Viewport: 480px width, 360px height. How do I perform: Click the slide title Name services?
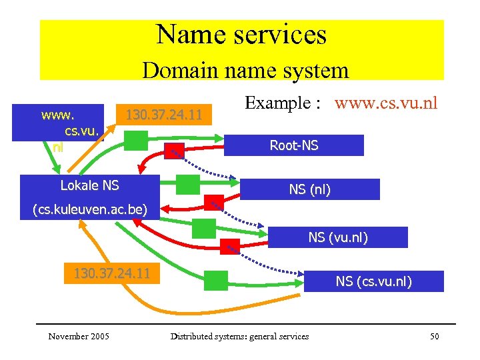[241, 35]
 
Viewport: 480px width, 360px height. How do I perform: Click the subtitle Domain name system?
[245, 70]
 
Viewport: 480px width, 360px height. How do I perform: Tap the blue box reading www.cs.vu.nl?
[70, 123]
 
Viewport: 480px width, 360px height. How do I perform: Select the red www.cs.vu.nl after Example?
[386, 103]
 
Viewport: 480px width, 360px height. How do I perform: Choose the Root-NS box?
[293, 145]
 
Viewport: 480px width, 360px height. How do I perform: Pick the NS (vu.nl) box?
[337, 237]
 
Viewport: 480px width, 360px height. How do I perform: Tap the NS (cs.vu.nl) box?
[373, 281]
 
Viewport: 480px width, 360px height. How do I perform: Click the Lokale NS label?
[89, 185]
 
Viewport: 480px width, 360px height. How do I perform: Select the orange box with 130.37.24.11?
[111, 273]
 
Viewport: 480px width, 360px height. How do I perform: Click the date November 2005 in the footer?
[79, 336]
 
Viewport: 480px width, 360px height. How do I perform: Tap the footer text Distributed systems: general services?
[239, 336]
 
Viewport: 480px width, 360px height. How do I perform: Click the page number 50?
[434, 336]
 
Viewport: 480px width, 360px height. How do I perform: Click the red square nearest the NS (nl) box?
[213, 203]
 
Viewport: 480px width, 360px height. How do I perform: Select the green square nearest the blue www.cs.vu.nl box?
[137, 140]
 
